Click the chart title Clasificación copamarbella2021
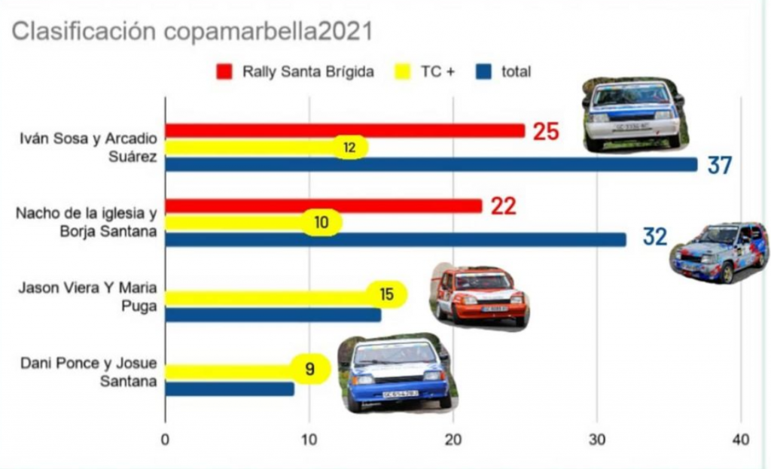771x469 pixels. tap(192, 32)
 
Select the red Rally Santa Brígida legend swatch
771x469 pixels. tap(224, 72)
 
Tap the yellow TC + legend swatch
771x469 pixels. tap(404, 72)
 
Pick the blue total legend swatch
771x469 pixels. tap(485, 72)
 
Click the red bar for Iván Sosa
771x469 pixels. tap(344, 131)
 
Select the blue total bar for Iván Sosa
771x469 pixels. tap(431, 164)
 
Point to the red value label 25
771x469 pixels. tap(546, 132)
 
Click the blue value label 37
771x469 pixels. tap(720, 166)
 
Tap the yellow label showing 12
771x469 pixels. tap(349, 148)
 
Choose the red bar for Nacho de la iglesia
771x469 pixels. tap(323, 206)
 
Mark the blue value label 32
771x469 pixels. tap(655, 237)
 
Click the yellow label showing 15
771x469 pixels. tap(387, 294)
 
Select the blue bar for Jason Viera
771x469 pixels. tap(273, 314)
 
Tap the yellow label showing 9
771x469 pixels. tap(309, 370)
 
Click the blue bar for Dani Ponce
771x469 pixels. tap(229, 388)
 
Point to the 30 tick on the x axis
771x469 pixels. tap(597, 440)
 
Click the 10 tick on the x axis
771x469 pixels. tap(309, 440)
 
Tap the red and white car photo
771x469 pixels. tap(479, 296)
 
